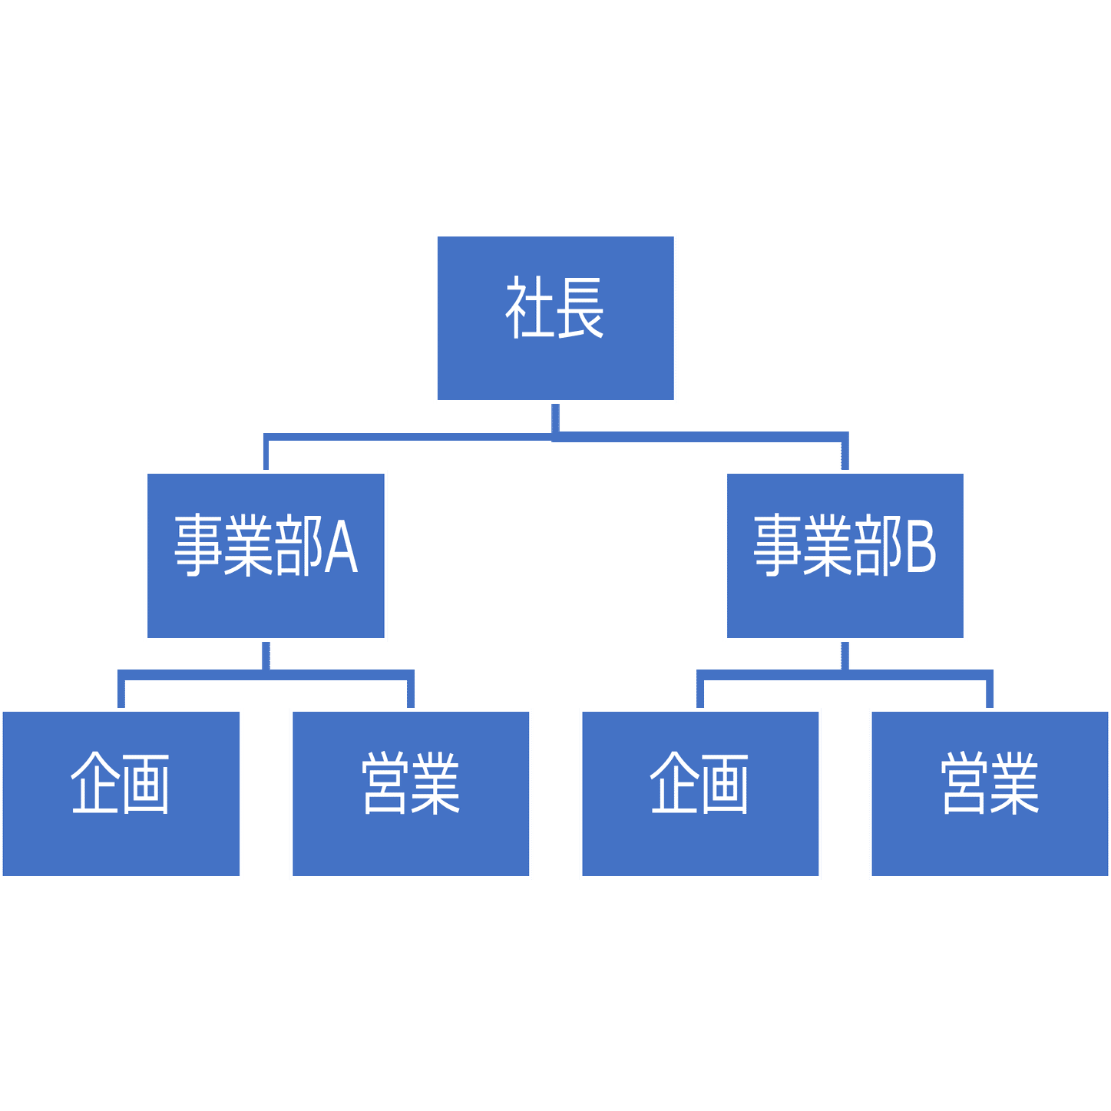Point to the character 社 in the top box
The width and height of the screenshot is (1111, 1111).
[530, 309]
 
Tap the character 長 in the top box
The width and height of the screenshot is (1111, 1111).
[580, 309]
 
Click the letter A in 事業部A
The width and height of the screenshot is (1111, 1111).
[341, 547]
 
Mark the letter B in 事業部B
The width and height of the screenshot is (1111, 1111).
[921, 547]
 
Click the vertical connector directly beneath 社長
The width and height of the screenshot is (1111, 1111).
[555, 418]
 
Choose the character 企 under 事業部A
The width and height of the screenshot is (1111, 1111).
[95, 783]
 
